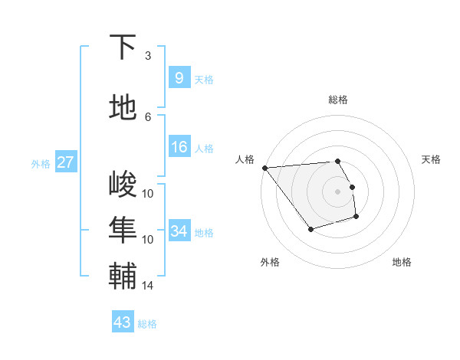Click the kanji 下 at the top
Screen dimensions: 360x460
coord(123,47)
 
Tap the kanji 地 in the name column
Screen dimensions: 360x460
coord(123,108)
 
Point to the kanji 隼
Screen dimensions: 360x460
coord(123,231)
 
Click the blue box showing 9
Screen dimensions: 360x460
coord(179,77)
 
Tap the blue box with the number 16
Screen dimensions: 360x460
coord(179,148)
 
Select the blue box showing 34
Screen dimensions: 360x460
coord(179,231)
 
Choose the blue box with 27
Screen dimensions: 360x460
coord(65,162)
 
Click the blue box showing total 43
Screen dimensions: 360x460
coord(122,322)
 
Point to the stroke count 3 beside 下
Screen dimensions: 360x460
coord(148,55)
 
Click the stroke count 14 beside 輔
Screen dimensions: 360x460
coord(148,286)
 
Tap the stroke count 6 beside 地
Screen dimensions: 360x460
coord(148,116)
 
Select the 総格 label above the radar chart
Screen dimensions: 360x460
coord(337,100)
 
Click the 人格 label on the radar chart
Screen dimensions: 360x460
coord(245,159)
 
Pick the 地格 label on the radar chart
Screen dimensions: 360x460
coord(402,262)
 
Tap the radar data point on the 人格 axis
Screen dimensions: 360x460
coord(264,167)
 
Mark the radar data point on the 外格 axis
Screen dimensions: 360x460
coord(310,229)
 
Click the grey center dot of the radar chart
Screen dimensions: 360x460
coord(337,191)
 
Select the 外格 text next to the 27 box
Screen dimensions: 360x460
coord(41,163)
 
